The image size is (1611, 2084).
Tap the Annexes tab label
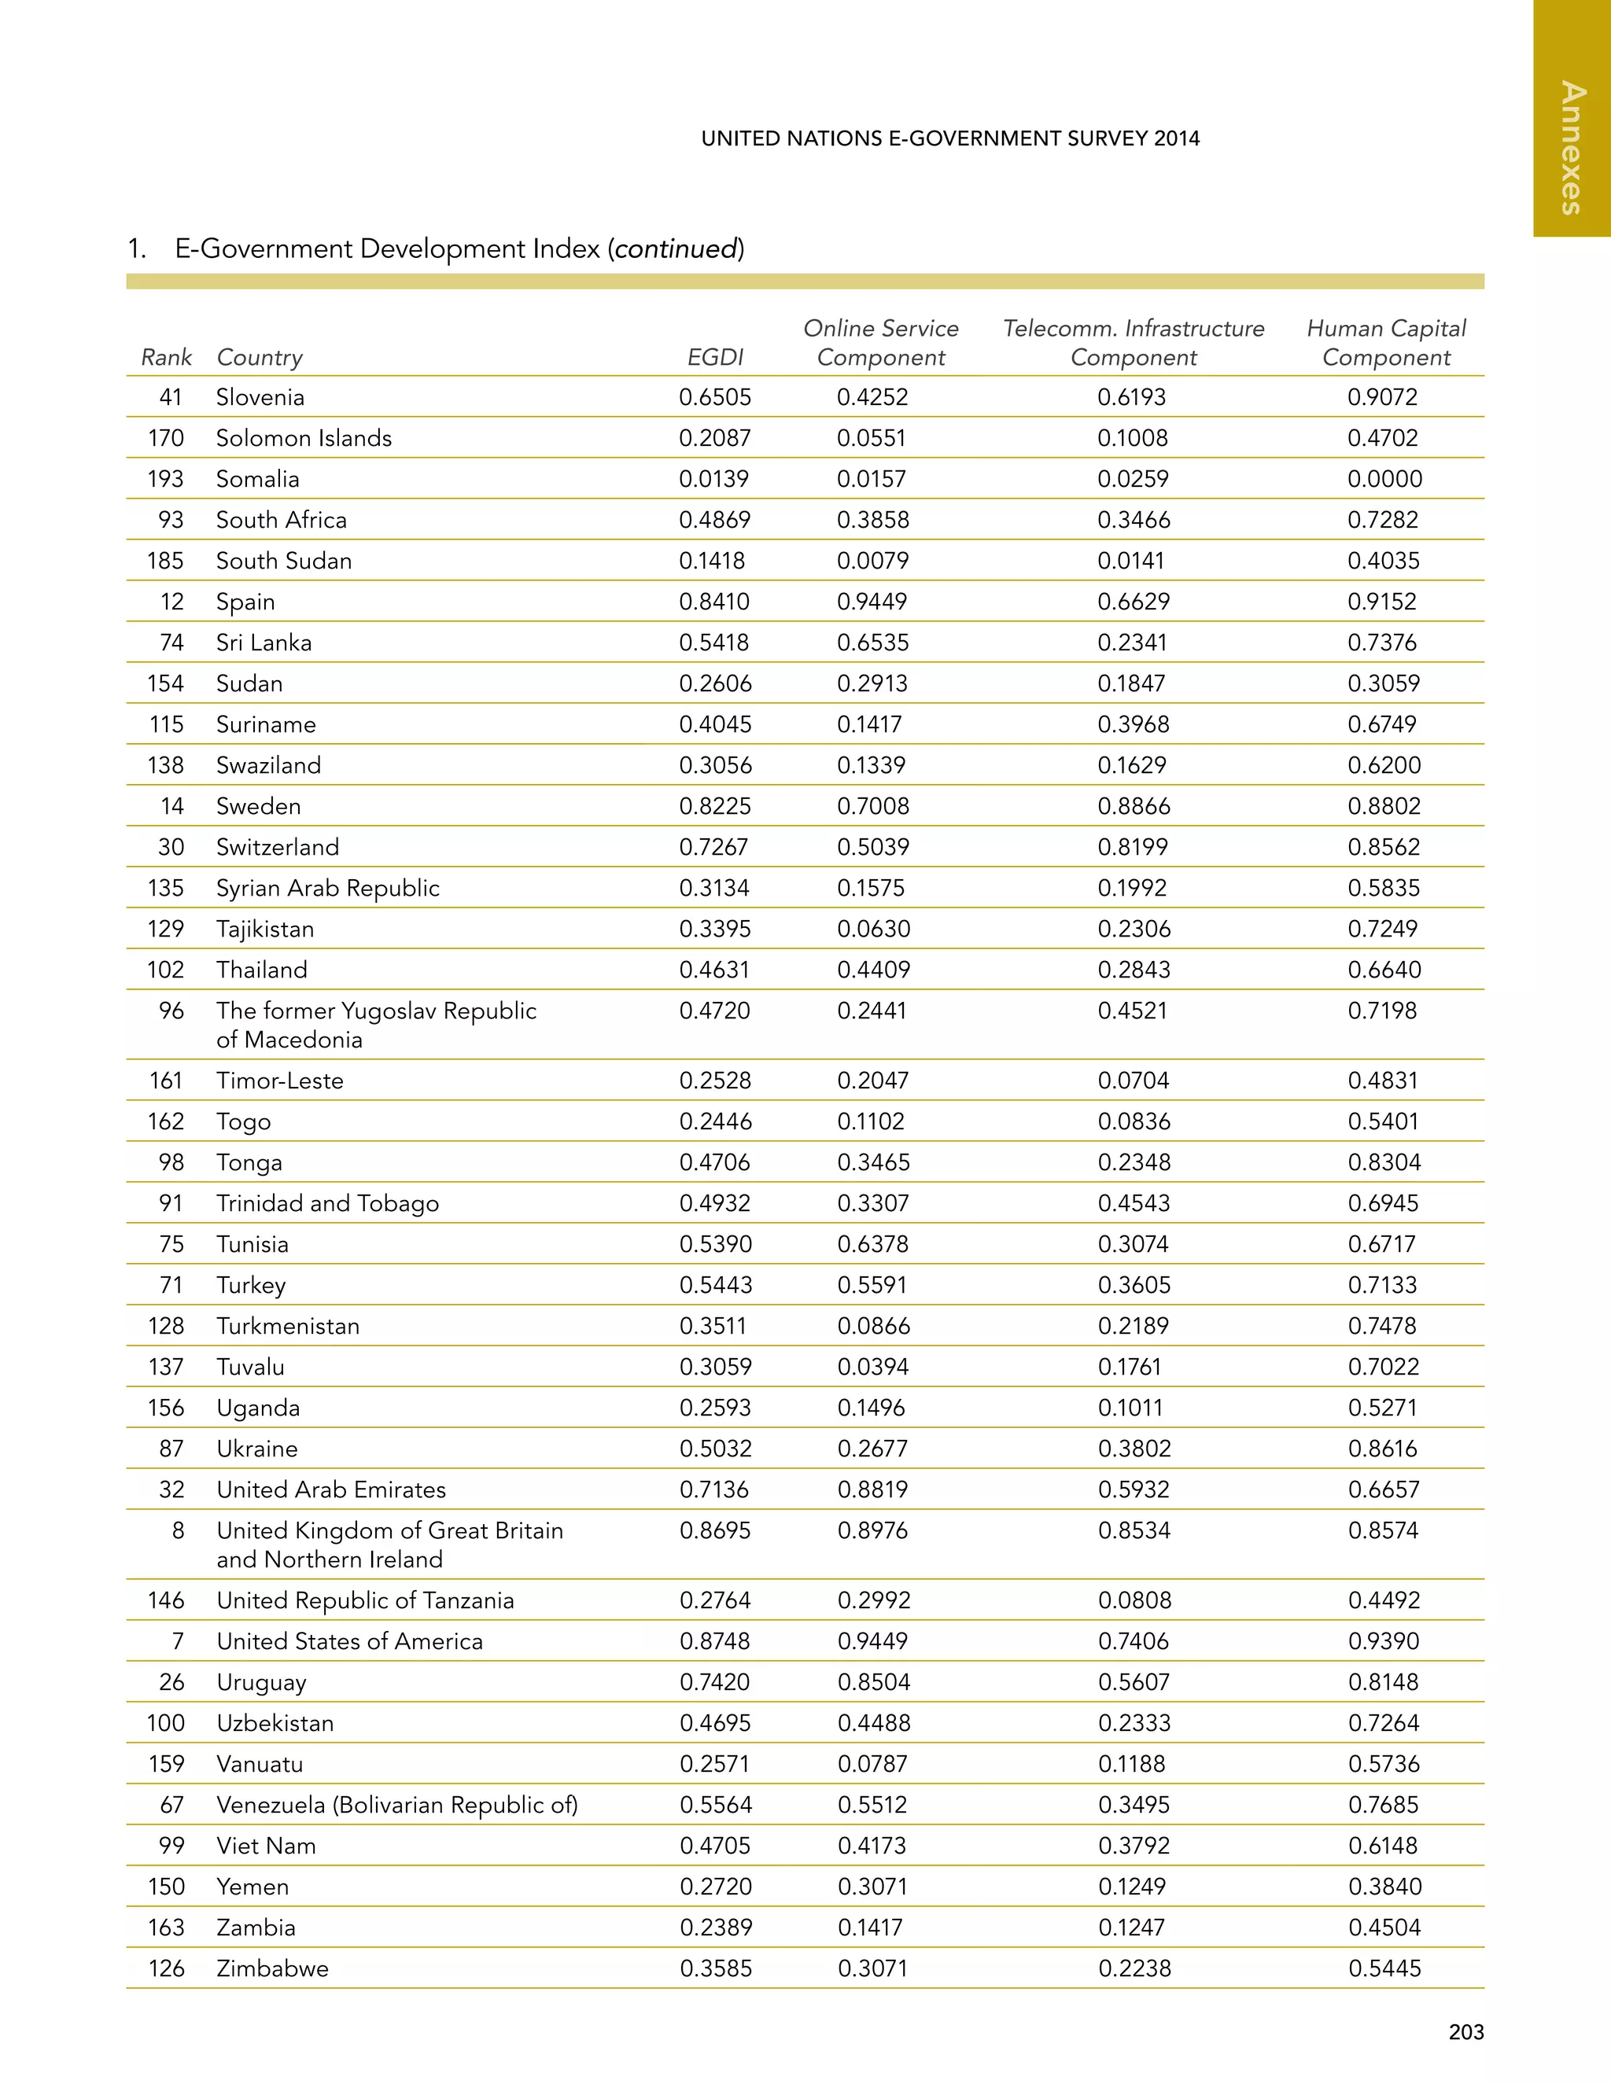point(1571,149)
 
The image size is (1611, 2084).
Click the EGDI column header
point(715,357)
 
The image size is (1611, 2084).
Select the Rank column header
point(166,357)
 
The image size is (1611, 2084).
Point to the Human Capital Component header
point(1386,343)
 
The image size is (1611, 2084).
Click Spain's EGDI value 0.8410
point(714,602)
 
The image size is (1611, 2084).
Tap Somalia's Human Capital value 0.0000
point(1384,479)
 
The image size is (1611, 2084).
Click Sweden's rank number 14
point(171,806)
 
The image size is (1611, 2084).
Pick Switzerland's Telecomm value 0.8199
point(1132,847)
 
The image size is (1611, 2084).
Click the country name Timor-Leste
point(279,1081)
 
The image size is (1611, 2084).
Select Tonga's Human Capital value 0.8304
point(1384,1162)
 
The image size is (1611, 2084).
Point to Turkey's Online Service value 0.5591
point(872,1285)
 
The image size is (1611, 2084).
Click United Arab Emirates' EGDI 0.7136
point(714,1489)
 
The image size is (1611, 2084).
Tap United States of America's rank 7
point(178,1641)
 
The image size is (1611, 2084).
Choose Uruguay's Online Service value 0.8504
point(873,1682)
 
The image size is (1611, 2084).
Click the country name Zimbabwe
point(272,1968)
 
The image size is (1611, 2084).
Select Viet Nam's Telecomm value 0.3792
point(1133,1846)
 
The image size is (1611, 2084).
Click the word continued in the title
point(676,249)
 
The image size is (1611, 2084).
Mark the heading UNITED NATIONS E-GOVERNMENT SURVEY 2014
point(949,138)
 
